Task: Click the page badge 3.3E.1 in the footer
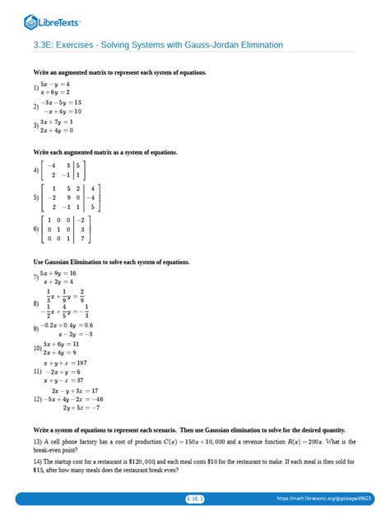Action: pyautogui.click(x=194, y=499)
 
